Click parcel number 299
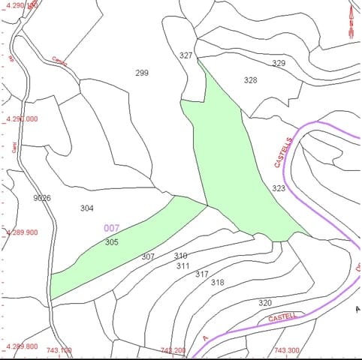(x=142, y=73)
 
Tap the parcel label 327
(x=186, y=55)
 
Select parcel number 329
(x=279, y=64)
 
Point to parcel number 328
(x=251, y=79)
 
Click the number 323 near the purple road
(x=279, y=188)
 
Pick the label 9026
(x=42, y=198)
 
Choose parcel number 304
(x=87, y=208)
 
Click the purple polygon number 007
(x=112, y=227)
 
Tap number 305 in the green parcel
(x=112, y=242)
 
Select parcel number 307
(x=148, y=256)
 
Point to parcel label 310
(x=181, y=256)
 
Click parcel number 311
(x=183, y=265)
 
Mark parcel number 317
(x=202, y=274)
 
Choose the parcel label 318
(x=218, y=283)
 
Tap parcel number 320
(x=265, y=303)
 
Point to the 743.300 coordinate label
(x=286, y=350)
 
